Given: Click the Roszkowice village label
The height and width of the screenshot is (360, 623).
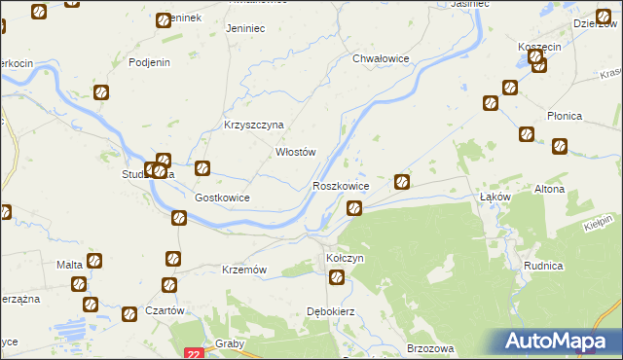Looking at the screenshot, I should click(340, 185).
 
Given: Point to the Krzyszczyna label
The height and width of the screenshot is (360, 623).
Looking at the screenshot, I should click(253, 125).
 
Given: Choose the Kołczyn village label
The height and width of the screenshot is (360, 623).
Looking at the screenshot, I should click(345, 259).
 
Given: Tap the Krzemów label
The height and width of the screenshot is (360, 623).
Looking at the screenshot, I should click(244, 269).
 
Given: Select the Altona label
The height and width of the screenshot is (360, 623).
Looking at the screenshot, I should click(549, 189).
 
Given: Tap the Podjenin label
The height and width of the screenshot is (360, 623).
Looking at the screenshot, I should click(150, 62).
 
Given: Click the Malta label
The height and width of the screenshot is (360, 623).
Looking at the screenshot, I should click(69, 265).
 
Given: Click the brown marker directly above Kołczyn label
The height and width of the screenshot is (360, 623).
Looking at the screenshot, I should click(337, 278).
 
